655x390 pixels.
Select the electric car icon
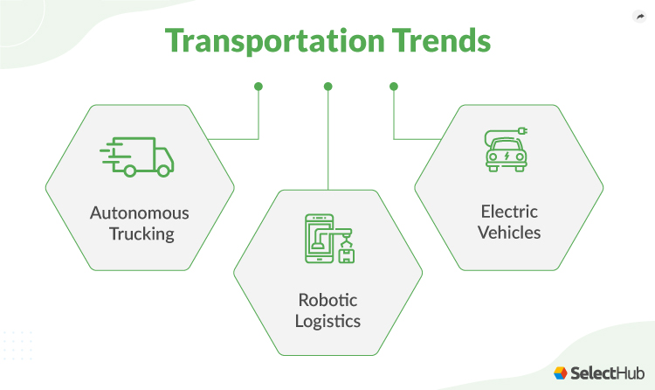[x=508, y=151]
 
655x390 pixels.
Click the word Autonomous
[x=140, y=213]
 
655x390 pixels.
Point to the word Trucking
[x=140, y=234]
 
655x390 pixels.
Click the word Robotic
[x=327, y=300]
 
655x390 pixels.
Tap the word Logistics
[x=327, y=321]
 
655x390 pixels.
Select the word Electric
[x=509, y=212]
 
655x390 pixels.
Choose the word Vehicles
[x=509, y=233]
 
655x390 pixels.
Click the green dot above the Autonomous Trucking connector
[x=258, y=87]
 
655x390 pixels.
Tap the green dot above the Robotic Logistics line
[x=327, y=87]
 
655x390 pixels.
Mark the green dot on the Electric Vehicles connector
[x=393, y=87]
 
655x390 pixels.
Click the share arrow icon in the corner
[x=638, y=16]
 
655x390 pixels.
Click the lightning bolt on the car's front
[x=508, y=157]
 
